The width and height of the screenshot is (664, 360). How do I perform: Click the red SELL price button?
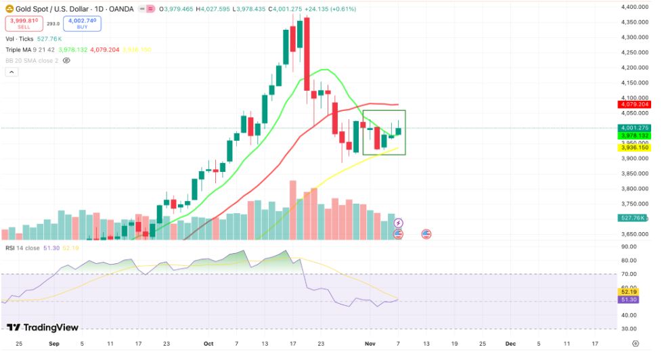coord(24,23)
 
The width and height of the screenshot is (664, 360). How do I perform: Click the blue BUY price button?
coord(83,23)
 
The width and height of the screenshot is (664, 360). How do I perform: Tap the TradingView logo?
coord(43,328)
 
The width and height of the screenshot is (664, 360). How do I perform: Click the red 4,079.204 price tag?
coord(634,104)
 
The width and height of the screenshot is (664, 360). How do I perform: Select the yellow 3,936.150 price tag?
coord(634,147)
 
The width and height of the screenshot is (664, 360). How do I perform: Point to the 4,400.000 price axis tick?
coord(634,7)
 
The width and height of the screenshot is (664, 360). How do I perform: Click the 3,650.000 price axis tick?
coord(634,234)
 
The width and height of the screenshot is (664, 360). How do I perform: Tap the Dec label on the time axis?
coord(509,344)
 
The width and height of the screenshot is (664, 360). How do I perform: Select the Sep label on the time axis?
coord(53,344)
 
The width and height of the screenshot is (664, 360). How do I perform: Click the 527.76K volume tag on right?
coord(633,218)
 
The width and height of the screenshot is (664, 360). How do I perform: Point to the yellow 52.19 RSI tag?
coord(631,291)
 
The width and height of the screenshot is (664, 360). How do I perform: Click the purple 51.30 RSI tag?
coord(631,299)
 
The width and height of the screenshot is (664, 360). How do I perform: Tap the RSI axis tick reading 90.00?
coord(629,246)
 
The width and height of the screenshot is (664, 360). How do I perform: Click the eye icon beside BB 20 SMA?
coord(66,60)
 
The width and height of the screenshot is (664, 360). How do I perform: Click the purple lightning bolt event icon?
coord(399,223)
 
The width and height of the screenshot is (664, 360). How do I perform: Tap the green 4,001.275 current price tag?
coord(634,128)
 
